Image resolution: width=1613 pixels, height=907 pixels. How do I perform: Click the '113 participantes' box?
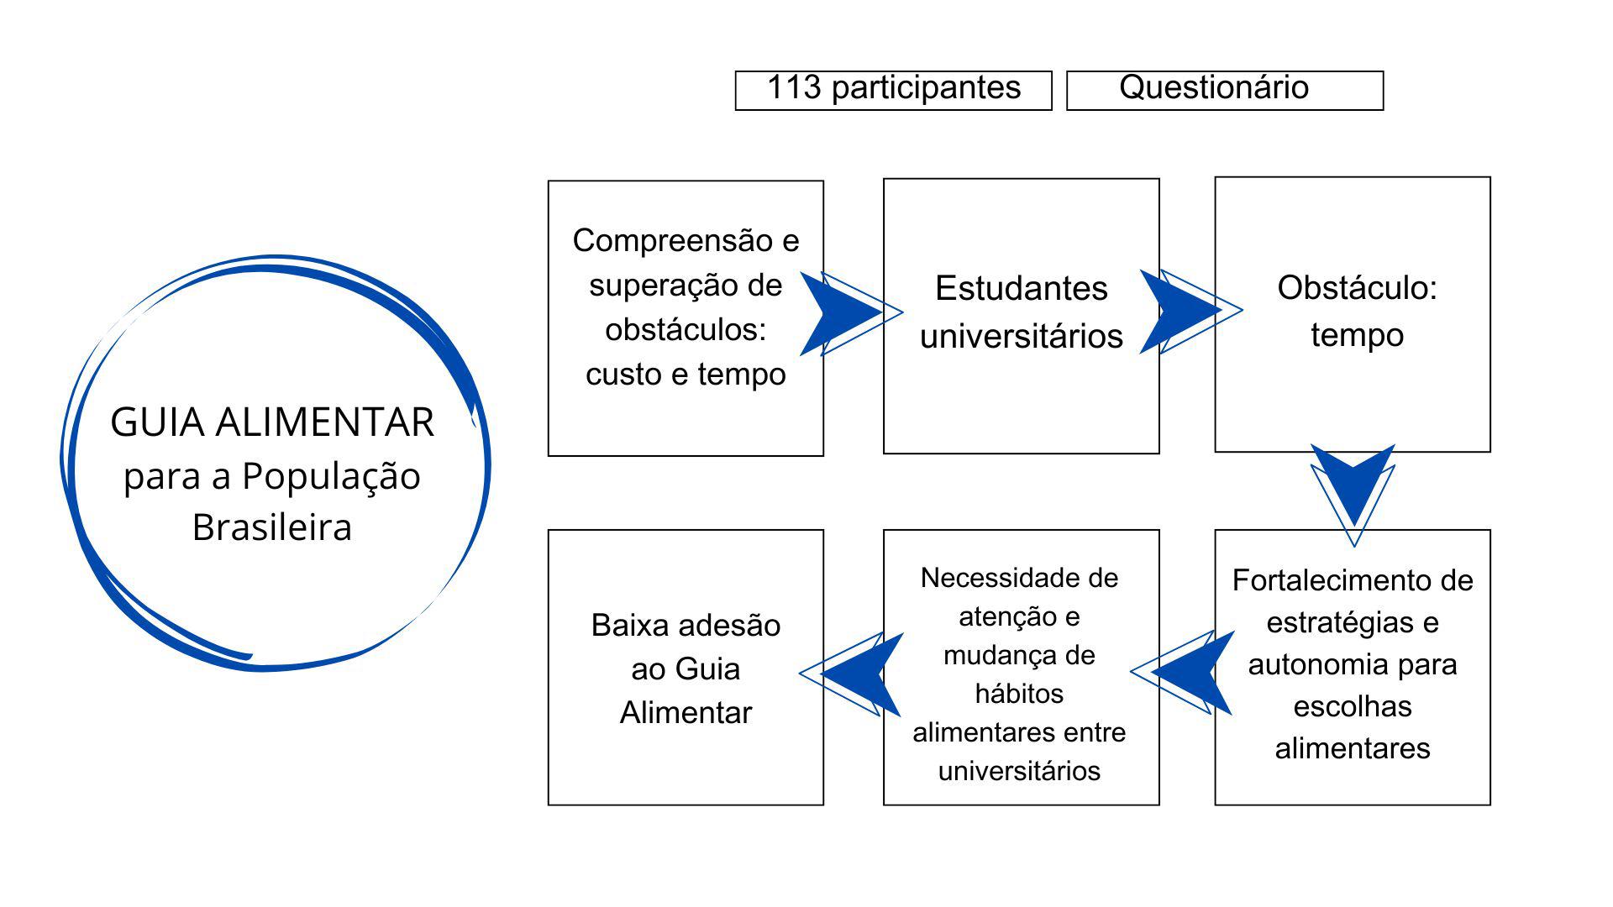click(x=893, y=90)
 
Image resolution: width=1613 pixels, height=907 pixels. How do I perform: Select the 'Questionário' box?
click(x=1224, y=90)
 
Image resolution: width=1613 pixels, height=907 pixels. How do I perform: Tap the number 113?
click(x=793, y=87)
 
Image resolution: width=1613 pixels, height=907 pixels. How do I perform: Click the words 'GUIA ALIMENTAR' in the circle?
click(x=272, y=422)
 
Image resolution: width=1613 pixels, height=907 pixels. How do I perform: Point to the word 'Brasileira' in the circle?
click(x=271, y=527)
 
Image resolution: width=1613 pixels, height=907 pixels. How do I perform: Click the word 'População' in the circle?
click(x=331, y=476)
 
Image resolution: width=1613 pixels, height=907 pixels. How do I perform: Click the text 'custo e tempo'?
click(x=686, y=374)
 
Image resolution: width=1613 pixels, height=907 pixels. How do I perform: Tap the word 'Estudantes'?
click(x=1021, y=288)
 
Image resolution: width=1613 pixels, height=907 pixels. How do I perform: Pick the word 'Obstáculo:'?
click(x=1357, y=287)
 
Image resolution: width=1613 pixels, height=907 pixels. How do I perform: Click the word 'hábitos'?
click(x=1019, y=694)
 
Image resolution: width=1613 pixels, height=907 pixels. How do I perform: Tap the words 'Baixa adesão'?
click(x=686, y=625)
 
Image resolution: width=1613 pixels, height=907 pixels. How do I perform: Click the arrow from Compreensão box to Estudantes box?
click(x=844, y=313)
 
